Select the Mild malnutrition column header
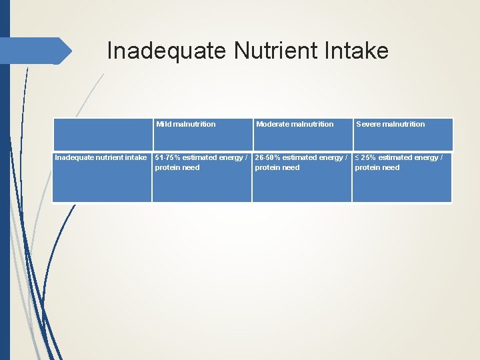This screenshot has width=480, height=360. click(186, 124)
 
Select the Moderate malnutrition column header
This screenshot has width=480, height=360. click(295, 124)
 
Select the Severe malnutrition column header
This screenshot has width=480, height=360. click(391, 124)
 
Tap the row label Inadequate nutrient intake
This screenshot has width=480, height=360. click(101, 157)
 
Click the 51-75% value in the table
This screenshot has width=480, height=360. click(166, 157)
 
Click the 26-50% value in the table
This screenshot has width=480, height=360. click(267, 157)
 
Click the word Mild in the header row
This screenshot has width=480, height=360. click(163, 124)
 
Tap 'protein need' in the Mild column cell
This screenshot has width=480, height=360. click(177, 167)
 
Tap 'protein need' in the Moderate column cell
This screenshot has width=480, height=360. click(277, 167)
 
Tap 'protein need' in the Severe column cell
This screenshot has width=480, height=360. click(377, 167)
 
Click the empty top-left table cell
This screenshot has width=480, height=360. click(102, 134)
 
